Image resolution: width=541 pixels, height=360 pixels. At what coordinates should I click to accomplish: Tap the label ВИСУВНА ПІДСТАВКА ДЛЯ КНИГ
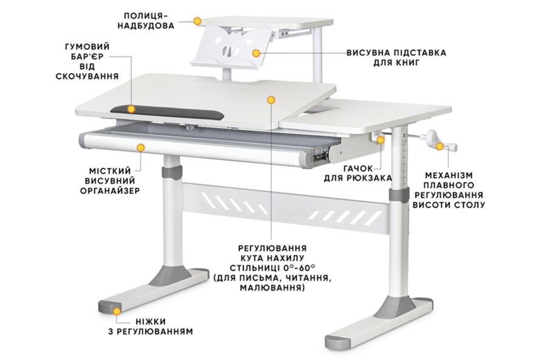396,58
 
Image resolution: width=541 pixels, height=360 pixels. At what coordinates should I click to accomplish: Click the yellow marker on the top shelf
198,21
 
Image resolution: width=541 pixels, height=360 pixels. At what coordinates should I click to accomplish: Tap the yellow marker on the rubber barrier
131,108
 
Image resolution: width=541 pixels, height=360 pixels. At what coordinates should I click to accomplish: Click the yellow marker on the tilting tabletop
272,99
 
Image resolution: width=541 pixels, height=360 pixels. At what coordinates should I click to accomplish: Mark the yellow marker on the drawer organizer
140,147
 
